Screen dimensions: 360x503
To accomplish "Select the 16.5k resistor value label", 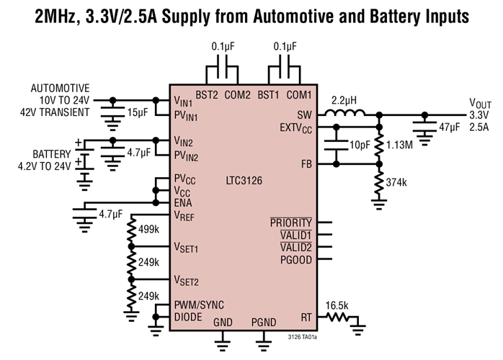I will coord(335,305).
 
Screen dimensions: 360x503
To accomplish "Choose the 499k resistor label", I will coord(148,230).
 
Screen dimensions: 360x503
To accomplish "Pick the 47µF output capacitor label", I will coord(448,127).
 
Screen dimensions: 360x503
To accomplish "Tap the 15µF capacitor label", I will coord(136,113).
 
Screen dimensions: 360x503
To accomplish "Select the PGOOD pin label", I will coord(295,260).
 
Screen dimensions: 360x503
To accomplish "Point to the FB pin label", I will coord(306,165).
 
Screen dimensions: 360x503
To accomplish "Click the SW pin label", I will coord(304,114).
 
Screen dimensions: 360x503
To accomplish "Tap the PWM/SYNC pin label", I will coord(196,305).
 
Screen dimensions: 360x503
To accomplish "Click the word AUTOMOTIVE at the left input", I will coord(61,89).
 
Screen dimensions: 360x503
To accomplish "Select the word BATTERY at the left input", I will coord(51,153).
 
